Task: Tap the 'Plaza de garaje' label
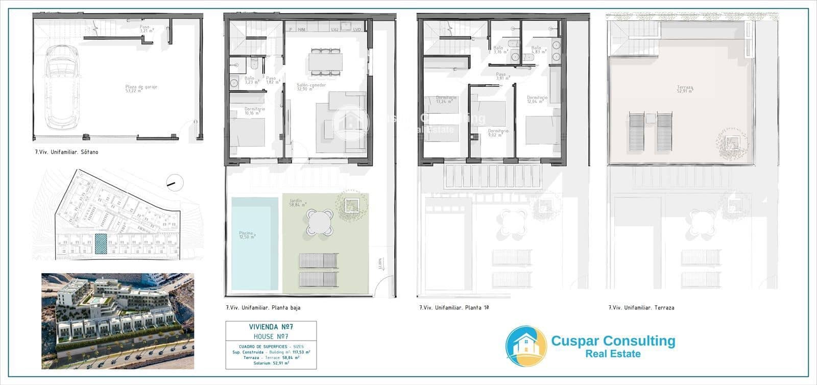141,89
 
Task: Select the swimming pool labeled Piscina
255,243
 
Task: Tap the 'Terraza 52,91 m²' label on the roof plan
685,90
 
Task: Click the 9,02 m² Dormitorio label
498,133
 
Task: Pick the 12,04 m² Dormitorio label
537,99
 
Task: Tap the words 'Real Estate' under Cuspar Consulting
613,353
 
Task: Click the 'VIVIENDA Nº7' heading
271,327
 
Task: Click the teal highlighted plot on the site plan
101,244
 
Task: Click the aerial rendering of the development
117,321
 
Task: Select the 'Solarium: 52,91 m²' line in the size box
271,363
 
